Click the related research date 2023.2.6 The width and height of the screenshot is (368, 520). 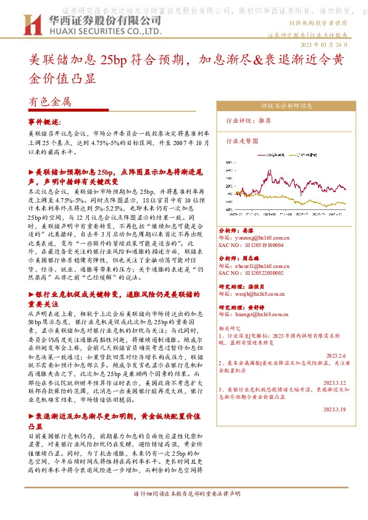pos(339,356)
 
